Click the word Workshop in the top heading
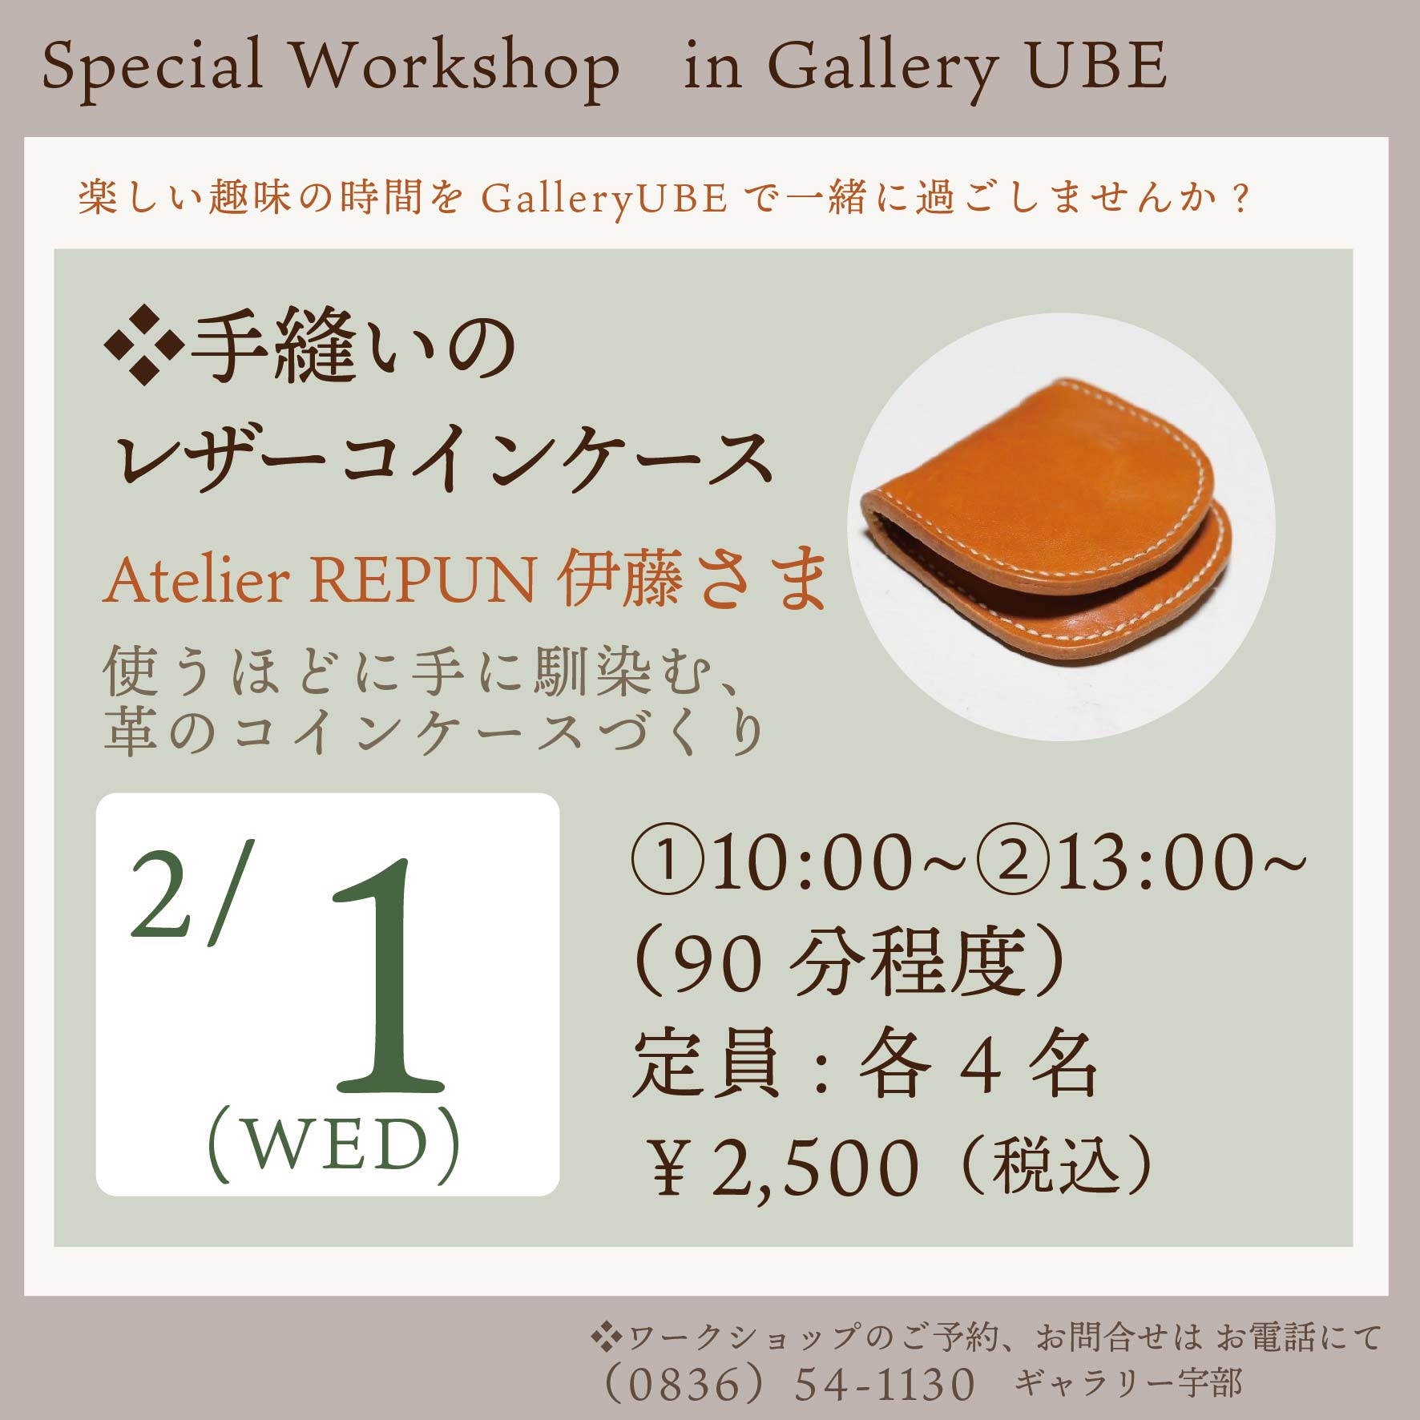click(x=454, y=66)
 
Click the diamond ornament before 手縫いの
click(x=143, y=346)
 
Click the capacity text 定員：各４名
click(x=865, y=1064)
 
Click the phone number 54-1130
click(x=885, y=1385)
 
